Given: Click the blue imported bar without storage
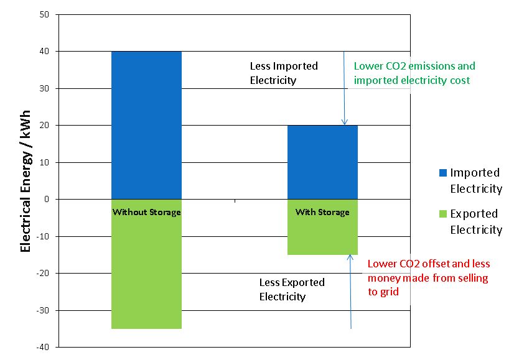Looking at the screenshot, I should pyautogui.click(x=146, y=124).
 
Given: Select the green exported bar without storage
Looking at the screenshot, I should pyautogui.click(x=146, y=274).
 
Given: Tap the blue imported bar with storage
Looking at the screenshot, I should pyautogui.click(x=322, y=162).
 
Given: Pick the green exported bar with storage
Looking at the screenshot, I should pyautogui.click(x=322, y=236).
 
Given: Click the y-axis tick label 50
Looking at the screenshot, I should pyautogui.click(x=44, y=14).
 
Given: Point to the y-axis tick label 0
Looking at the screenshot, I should pyautogui.click(x=47, y=200).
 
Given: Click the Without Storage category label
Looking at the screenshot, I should pyautogui.click(x=146, y=212).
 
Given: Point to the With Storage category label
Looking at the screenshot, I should pyautogui.click(x=322, y=212).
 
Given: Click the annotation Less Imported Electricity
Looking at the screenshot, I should pyautogui.click(x=283, y=73).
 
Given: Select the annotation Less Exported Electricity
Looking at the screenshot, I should pyautogui.click(x=291, y=289).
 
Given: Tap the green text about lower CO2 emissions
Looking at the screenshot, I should pyautogui.click(x=414, y=73).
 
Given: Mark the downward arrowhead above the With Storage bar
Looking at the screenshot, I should pyautogui.click(x=345, y=122).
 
